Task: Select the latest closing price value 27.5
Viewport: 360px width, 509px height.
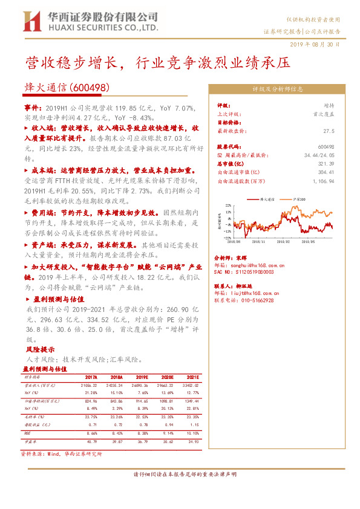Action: pos(329,130)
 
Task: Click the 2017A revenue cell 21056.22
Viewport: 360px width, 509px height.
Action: pos(90,384)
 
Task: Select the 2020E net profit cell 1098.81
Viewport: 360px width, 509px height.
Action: pos(166,400)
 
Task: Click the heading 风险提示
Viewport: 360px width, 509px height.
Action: pos(40,349)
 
